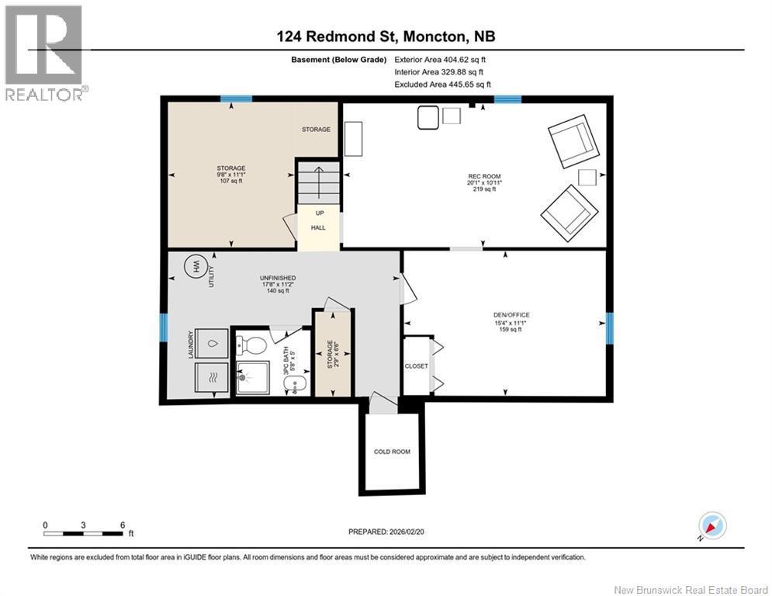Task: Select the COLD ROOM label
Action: click(x=392, y=451)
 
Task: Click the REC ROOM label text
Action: click(x=484, y=176)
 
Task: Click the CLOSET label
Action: click(x=417, y=366)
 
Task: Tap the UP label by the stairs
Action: click(x=320, y=213)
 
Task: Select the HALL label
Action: click(x=318, y=227)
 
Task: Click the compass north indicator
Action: click(x=712, y=525)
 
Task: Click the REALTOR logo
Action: click(x=45, y=53)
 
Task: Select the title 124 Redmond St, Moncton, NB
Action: click(x=386, y=36)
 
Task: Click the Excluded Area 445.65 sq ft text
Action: click(x=442, y=85)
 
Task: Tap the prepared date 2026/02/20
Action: click(x=407, y=532)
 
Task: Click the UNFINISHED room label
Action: click(x=278, y=278)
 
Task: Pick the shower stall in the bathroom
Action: click(x=253, y=378)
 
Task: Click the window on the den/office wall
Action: click(x=610, y=328)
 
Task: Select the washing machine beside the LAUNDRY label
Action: click(x=212, y=343)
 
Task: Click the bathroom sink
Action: click(x=296, y=384)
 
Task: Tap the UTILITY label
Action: click(x=212, y=276)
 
